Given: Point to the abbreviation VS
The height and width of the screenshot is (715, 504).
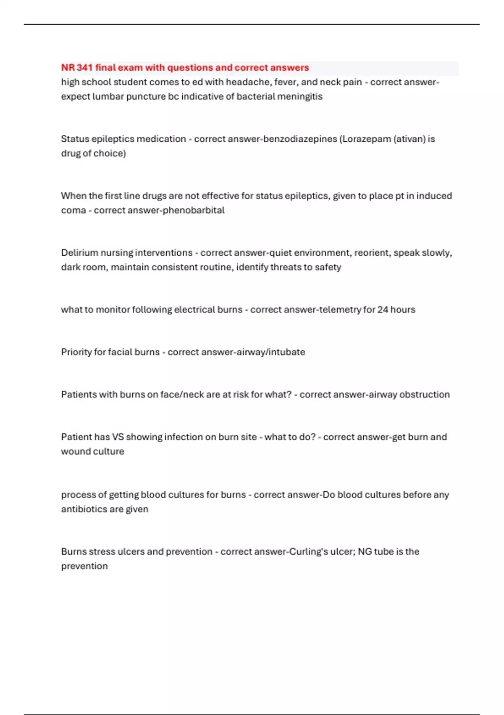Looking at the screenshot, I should (x=118, y=437).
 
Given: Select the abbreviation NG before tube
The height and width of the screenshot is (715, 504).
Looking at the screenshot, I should (x=365, y=551).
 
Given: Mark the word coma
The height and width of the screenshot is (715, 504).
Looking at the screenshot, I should (x=73, y=210).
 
